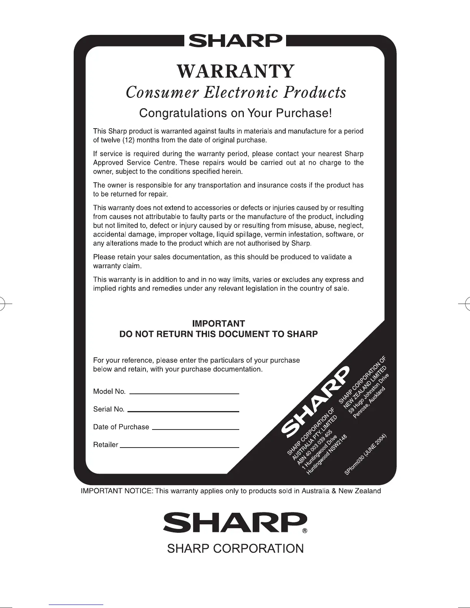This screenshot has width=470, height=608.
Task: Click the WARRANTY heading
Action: (x=235, y=71)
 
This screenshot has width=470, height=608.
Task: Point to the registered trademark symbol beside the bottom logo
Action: (x=305, y=532)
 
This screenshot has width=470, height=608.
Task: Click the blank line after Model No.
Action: (x=184, y=393)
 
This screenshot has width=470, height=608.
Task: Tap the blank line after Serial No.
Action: (x=183, y=411)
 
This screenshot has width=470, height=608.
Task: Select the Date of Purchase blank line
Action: (x=195, y=428)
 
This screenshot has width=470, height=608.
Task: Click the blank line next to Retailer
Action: (x=179, y=446)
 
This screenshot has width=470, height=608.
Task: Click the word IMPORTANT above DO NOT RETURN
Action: (x=218, y=324)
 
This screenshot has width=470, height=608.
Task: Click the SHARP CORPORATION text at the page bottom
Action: (x=235, y=549)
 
